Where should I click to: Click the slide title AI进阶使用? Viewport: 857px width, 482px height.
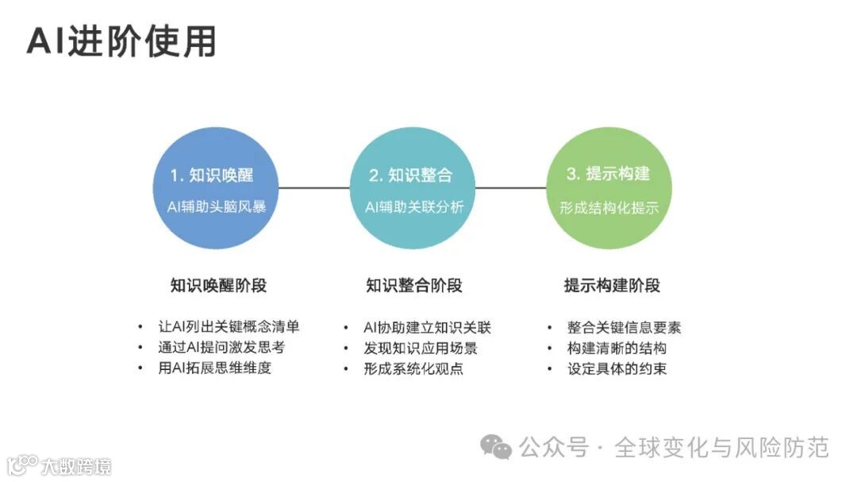tap(121, 42)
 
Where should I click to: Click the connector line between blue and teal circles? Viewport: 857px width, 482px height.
tap(313, 188)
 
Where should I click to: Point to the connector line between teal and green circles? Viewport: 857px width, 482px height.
tap(510, 188)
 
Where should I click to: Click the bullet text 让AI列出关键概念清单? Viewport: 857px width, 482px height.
tap(229, 327)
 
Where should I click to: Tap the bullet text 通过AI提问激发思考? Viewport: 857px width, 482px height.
tap(221, 348)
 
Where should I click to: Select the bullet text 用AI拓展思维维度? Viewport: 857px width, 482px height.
tap(214, 368)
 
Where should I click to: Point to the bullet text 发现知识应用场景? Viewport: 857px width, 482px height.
tap(421, 348)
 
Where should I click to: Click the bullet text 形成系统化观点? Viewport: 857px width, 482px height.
tap(413, 368)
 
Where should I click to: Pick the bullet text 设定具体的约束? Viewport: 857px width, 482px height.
tap(617, 368)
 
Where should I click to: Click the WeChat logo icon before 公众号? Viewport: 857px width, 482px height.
tap(498, 448)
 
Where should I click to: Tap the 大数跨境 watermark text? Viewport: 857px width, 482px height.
tap(77, 465)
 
